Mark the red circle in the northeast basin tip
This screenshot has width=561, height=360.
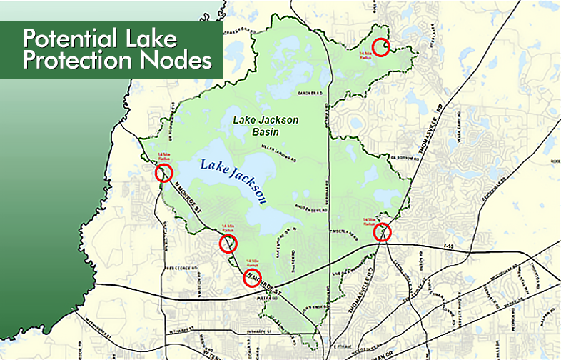(x=383, y=47)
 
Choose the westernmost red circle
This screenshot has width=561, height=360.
(x=164, y=172)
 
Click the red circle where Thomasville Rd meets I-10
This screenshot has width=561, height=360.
(x=383, y=232)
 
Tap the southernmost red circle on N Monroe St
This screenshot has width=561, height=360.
(x=252, y=278)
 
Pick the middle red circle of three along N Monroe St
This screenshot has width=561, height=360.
(x=228, y=244)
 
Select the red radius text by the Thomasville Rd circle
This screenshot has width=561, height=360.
(x=369, y=222)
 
